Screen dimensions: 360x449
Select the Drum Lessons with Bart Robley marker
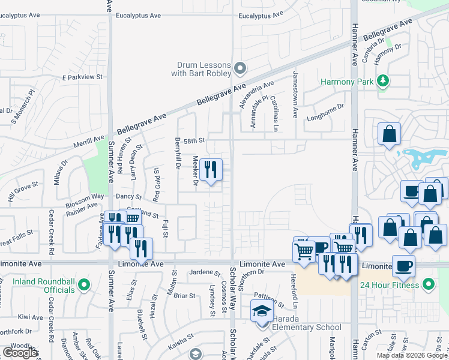[240, 68]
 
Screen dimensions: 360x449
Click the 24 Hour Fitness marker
[429, 283]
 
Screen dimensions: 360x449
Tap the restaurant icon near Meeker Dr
[210, 170]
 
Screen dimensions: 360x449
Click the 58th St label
[194, 140]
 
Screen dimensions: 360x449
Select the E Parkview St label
[83, 77]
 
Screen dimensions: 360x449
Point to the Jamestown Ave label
[295, 93]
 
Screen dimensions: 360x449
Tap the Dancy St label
[129, 197]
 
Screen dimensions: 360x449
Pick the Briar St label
[184, 296]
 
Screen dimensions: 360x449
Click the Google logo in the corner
[19, 353]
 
